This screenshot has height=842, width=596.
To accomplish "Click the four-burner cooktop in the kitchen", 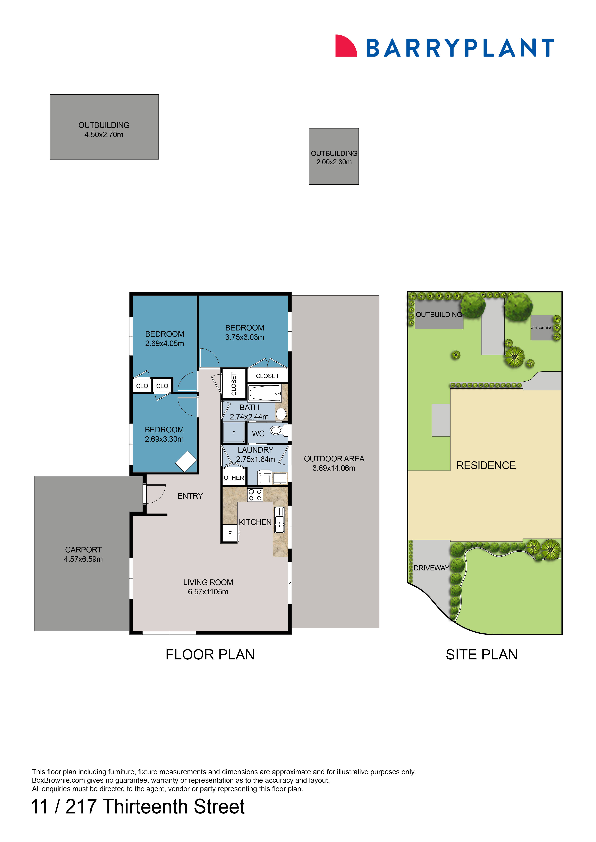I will pos(255,495).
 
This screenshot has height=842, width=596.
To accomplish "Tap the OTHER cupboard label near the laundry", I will pos(234,478).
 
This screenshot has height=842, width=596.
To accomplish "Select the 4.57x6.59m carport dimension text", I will pos(83,559).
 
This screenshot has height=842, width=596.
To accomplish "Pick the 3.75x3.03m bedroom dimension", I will pos(244,337).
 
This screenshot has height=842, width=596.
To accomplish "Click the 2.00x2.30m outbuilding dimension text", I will pos(334,162).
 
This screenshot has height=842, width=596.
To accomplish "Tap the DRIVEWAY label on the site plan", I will pos(431,568).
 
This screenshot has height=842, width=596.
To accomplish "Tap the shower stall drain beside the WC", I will pos(234,432).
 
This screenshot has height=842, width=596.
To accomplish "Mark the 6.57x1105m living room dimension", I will pos(208,592).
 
